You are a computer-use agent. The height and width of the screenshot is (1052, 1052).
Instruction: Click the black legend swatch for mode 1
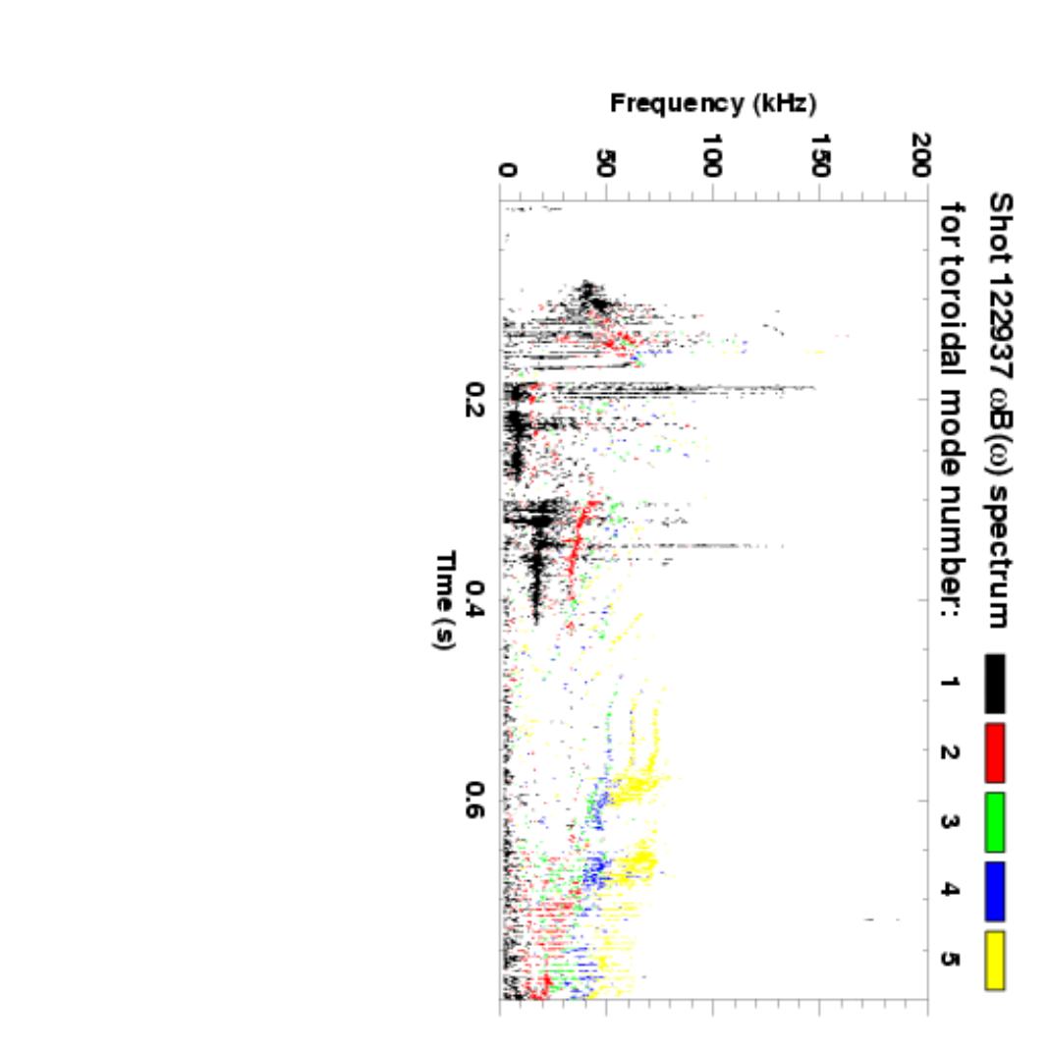[x=995, y=684]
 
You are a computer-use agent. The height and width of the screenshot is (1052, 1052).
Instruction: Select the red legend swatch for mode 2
[x=995, y=753]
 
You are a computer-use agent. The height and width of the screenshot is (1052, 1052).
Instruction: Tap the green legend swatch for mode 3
[x=995, y=822]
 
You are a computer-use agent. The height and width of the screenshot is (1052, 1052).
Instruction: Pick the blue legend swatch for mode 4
[x=995, y=891]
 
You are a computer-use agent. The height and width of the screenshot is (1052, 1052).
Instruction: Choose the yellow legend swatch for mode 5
[x=995, y=960]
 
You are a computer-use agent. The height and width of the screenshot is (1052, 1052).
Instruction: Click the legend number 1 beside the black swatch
[x=949, y=684]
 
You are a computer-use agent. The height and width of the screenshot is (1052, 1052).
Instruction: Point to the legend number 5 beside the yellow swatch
[x=949, y=960]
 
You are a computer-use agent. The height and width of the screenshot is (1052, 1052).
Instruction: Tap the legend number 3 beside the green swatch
[x=949, y=822]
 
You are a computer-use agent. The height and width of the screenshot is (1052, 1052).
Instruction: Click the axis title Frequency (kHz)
[x=713, y=102]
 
